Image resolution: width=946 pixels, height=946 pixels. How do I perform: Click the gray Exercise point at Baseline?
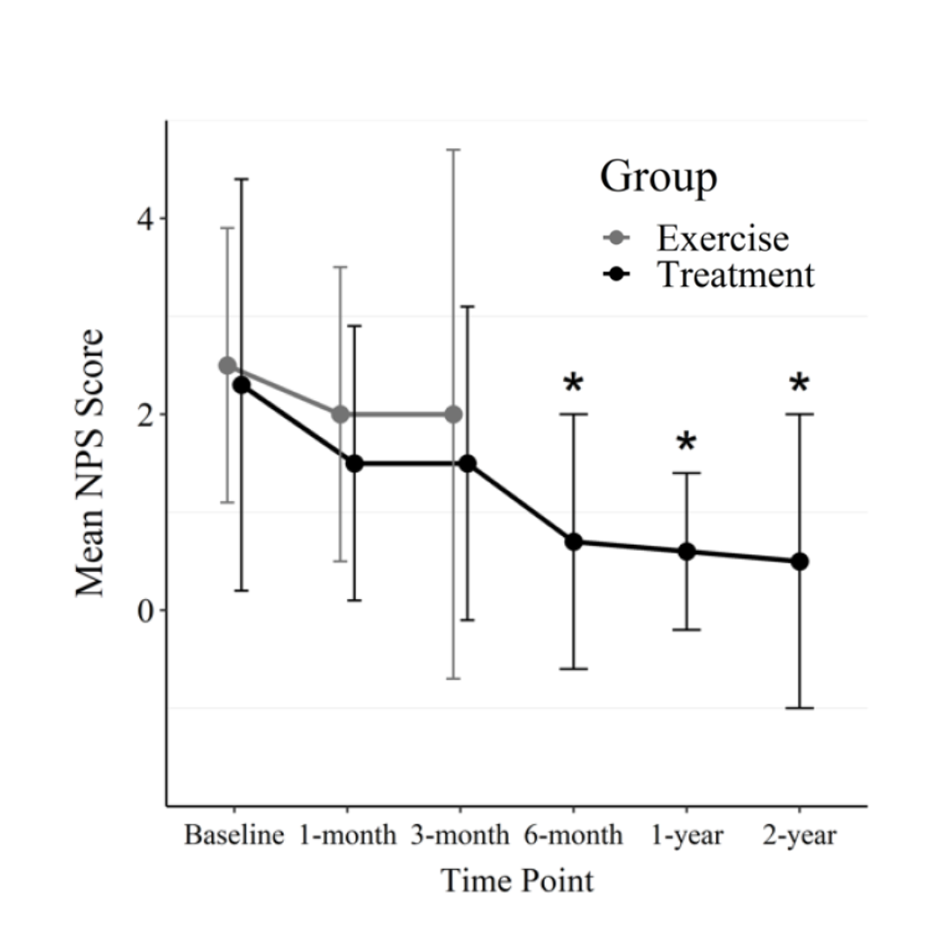228,365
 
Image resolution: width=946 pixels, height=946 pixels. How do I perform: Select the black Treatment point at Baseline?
242,385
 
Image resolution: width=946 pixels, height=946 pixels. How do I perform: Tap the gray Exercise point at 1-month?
341,414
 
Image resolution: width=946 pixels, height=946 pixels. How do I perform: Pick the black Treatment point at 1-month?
355,463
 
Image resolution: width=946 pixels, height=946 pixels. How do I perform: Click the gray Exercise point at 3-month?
454,414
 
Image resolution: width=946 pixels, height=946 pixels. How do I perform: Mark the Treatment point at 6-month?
574,542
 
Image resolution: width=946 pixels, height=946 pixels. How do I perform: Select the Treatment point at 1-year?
687,552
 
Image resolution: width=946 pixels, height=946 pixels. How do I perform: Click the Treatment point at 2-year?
800,561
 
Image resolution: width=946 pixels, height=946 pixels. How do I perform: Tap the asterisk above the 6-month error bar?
574,384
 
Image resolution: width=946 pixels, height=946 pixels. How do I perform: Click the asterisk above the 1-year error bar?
687,443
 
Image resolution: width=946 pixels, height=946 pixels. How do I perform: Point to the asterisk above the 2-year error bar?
800,384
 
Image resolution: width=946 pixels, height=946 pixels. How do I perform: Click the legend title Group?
659,177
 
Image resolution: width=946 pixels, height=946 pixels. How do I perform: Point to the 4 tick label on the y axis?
144,218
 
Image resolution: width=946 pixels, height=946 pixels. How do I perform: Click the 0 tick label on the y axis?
144,611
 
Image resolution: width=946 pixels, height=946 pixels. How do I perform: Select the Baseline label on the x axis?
234,836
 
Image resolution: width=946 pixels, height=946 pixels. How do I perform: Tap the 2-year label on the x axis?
800,836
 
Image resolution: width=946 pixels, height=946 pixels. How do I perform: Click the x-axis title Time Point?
517,880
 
